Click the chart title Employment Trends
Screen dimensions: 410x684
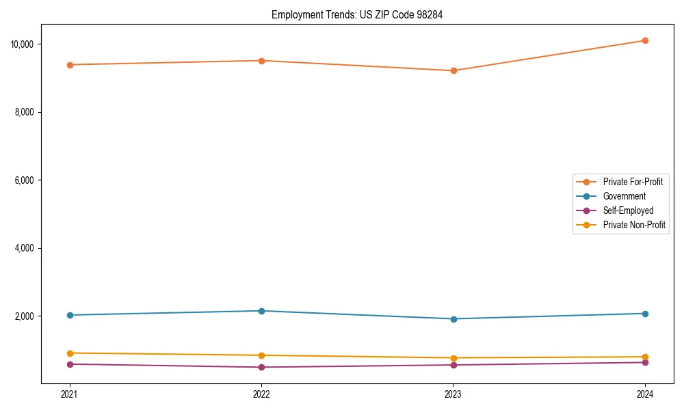(x=357, y=14)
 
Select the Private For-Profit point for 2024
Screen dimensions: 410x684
(x=645, y=40)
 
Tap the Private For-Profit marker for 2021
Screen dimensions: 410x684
(x=69, y=65)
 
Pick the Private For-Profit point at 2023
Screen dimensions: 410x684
(x=453, y=70)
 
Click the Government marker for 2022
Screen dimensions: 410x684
(x=261, y=311)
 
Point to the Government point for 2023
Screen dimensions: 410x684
(x=453, y=319)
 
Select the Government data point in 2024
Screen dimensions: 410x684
(x=645, y=314)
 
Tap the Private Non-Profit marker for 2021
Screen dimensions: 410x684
(x=69, y=353)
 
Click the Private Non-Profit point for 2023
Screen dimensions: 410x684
(x=453, y=358)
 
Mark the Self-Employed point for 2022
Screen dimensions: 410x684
(x=261, y=368)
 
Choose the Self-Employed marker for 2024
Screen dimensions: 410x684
(x=645, y=362)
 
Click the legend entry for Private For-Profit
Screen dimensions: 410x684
(x=632, y=182)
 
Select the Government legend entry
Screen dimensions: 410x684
(x=624, y=196)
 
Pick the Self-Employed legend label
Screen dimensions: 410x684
(x=628, y=210)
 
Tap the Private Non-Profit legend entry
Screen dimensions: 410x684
(x=634, y=225)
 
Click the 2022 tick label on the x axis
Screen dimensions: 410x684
(x=261, y=394)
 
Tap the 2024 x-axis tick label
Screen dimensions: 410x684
(x=645, y=394)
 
